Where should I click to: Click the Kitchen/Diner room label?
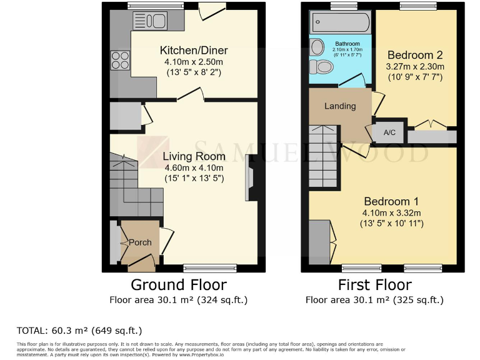(x=194, y=51)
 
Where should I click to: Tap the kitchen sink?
(x=149, y=21)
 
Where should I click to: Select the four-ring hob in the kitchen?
(x=120, y=61)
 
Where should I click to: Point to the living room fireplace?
(x=251, y=178)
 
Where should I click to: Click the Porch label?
(x=140, y=242)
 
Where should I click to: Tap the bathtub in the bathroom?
(x=341, y=23)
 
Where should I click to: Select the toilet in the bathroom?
(x=323, y=67)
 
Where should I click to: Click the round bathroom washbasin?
(x=317, y=46)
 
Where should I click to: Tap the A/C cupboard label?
(x=389, y=132)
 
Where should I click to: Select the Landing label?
(x=339, y=106)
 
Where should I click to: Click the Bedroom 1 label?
(x=391, y=201)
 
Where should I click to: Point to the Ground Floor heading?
(x=179, y=285)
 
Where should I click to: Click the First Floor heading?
(x=375, y=285)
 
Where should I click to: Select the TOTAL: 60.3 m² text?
(x=79, y=330)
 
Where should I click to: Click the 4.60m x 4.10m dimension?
(x=194, y=168)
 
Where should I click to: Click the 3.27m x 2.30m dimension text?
(x=416, y=67)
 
